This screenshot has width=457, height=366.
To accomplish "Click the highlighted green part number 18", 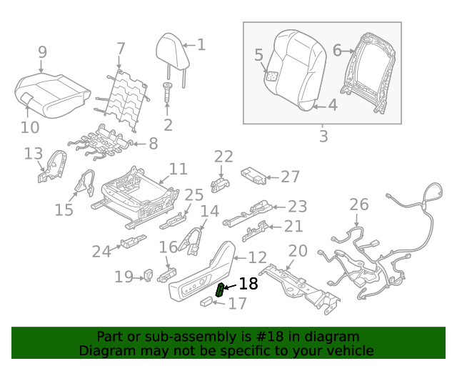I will click(221, 290).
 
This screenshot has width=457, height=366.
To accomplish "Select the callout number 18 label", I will click(248, 284).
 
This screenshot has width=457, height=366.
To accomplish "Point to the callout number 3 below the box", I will click(323, 136).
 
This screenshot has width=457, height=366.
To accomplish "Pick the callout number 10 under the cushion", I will click(29, 128).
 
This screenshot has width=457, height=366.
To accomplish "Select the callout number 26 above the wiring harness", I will click(358, 205).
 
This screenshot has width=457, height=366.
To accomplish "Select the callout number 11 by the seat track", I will click(178, 169).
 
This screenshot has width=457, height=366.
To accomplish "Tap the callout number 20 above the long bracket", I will click(297, 251).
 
